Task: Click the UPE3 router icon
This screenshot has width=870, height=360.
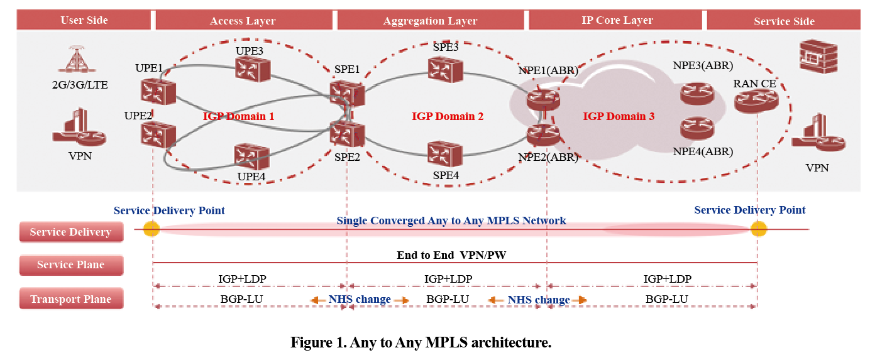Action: tap(253, 69)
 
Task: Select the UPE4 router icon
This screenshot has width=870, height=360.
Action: tap(252, 156)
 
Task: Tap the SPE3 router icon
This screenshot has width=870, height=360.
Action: tap(446, 70)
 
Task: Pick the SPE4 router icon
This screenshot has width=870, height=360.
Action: tap(444, 153)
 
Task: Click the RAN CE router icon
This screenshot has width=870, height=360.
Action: tap(756, 101)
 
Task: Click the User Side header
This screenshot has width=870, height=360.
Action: tap(84, 20)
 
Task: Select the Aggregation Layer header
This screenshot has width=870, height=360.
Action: tap(431, 20)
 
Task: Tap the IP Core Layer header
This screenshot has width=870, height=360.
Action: tap(617, 20)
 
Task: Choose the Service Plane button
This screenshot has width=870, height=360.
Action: tap(71, 265)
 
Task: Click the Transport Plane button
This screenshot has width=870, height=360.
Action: tap(71, 298)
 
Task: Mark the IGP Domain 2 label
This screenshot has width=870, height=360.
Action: tap(448, 116)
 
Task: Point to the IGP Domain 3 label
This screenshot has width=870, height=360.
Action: tap(619, 116)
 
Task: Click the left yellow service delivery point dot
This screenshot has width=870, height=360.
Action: tap(151, 229)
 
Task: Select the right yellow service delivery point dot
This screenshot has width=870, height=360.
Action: tap(759, 229)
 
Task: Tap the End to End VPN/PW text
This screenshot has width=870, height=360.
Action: tap(451, 255)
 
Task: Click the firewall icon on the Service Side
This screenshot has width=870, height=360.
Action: tap(818, 57)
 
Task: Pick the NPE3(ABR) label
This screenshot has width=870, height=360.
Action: tap(703, 65)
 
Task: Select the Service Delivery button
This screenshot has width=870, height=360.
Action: tap(71, 232)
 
